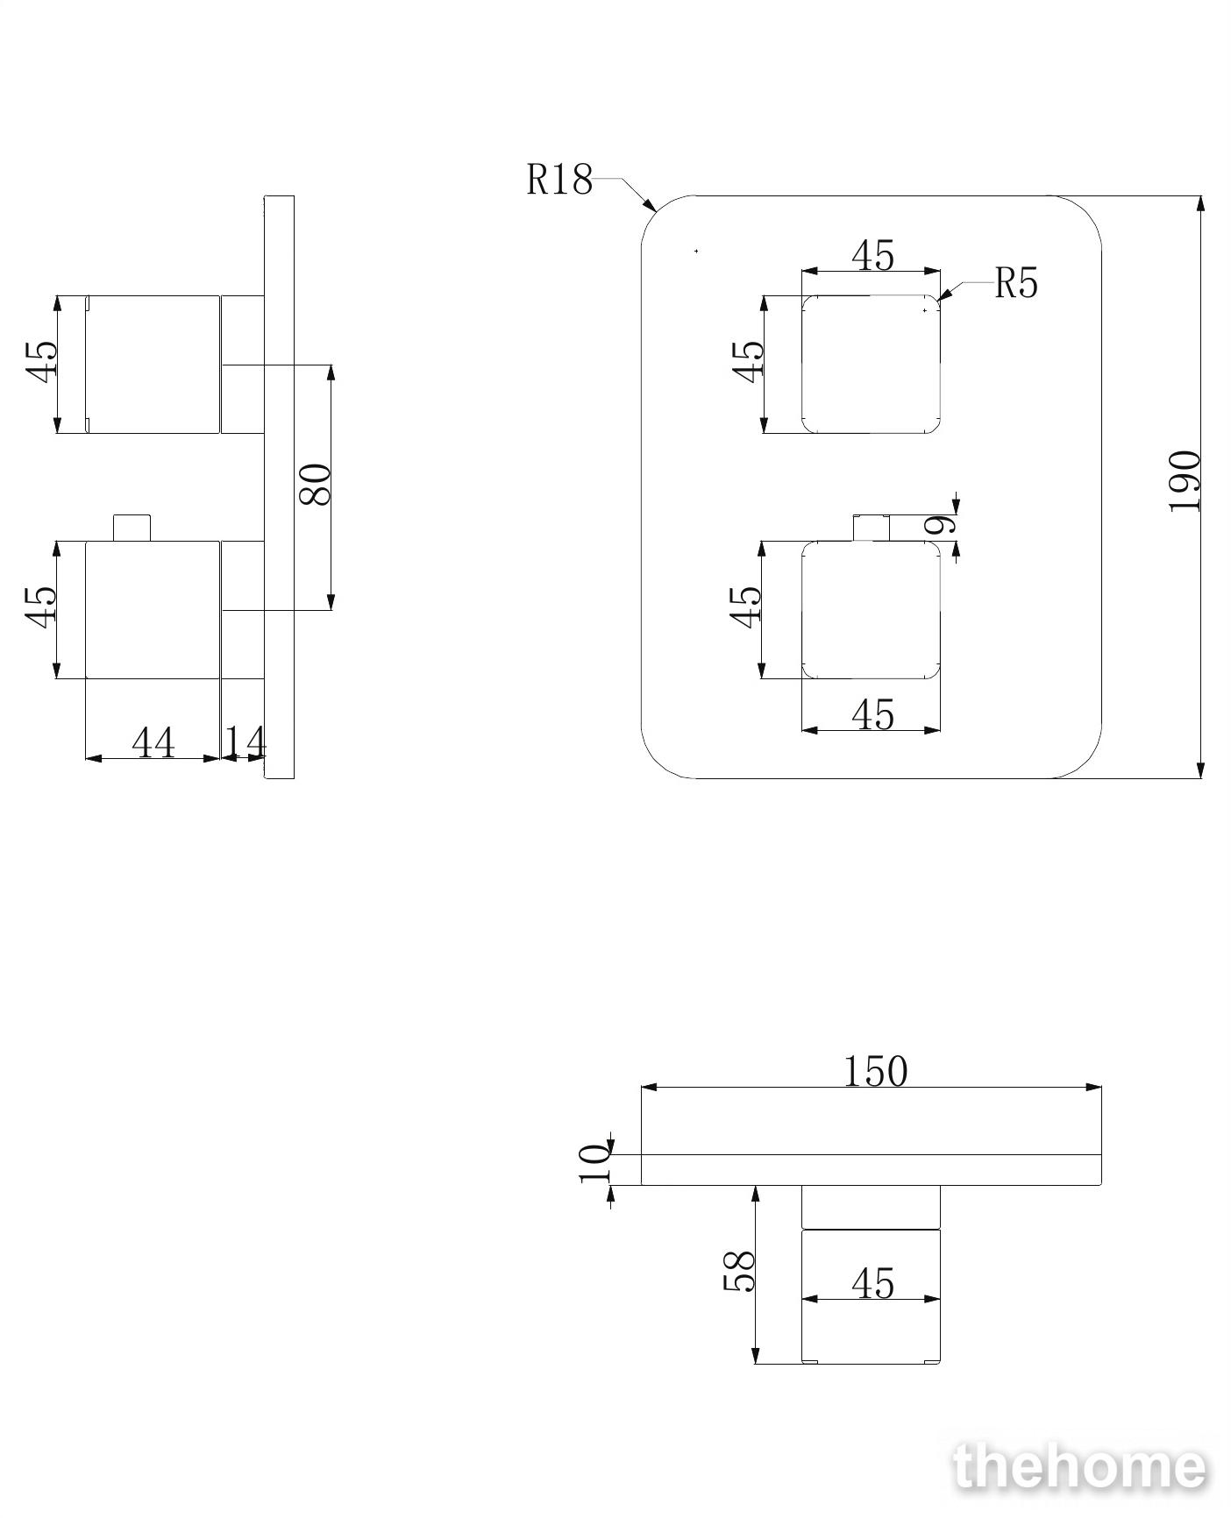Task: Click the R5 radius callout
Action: click(1016, 283)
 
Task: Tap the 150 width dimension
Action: click(875, 1071)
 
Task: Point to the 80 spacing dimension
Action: click(316, 484)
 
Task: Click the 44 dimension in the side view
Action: click(153, 742)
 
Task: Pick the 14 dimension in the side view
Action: click(245, 742)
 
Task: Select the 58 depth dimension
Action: click(738, 1271)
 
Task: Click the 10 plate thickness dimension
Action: click(594, 1163)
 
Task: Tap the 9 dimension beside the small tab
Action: click(941, 524)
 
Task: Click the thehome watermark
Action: click(1080, 1467)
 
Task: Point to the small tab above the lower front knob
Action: click(872, 528)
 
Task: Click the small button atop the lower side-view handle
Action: click(132, 528)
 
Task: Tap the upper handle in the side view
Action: click(153, 364)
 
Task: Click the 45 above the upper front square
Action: click(872, 256)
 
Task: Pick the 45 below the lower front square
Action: click(872, 714)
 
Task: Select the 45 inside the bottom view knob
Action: click(872, 1284)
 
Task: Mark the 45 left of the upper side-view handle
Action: click(41, 359)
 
